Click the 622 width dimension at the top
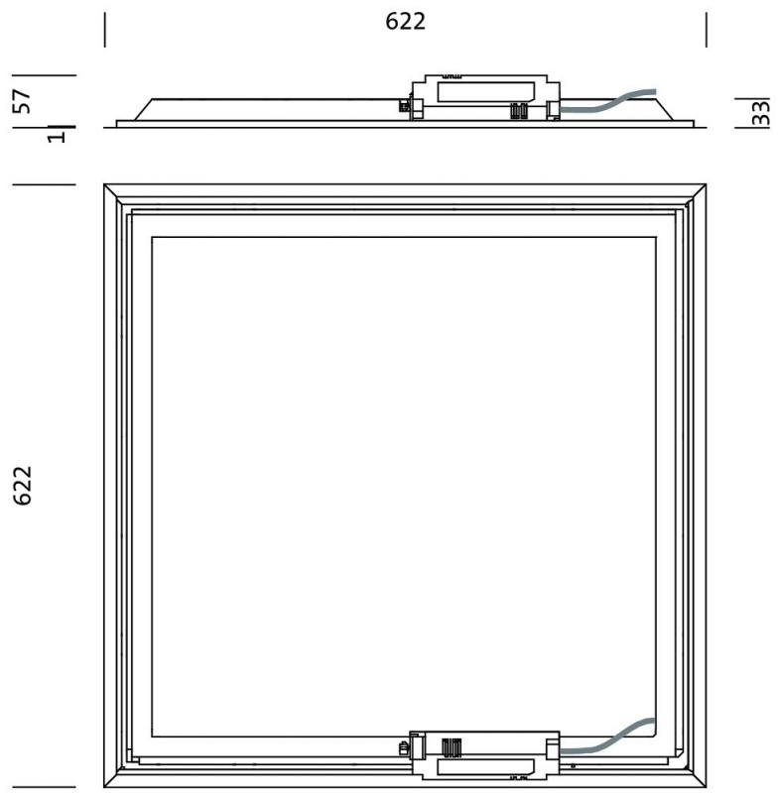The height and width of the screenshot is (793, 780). click(x=406, y=22)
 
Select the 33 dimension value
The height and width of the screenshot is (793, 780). click(x=760, y=112)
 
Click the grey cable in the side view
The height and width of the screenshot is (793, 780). click(x=610, y=101)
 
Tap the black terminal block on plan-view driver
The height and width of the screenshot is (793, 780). click(x=452, y=745)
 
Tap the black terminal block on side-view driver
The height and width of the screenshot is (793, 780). click(x=519, y=111)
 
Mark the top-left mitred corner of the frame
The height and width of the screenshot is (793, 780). click(x=113, y=193)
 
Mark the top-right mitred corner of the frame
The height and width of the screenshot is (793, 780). click(x=698, y=193)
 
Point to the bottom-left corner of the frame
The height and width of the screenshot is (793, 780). click(x=113, y=779)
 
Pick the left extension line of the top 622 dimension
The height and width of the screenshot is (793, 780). click(x=104, y=29)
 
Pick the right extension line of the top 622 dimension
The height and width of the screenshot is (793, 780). click(x=707, y=29)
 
